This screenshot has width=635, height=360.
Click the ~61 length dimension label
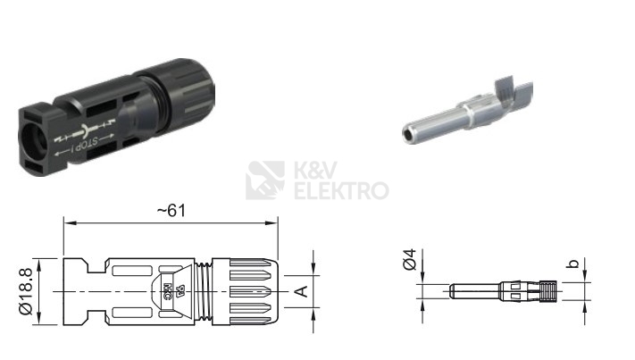[171, 211]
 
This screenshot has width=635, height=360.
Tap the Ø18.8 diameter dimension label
[26, 291]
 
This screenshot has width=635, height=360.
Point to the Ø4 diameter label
[410, 260]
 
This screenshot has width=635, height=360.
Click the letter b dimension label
[573, 264]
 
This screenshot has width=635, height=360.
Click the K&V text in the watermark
[315, 170]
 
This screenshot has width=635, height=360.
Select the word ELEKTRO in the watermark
[341, 191]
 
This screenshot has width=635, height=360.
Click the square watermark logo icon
[265, 180]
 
